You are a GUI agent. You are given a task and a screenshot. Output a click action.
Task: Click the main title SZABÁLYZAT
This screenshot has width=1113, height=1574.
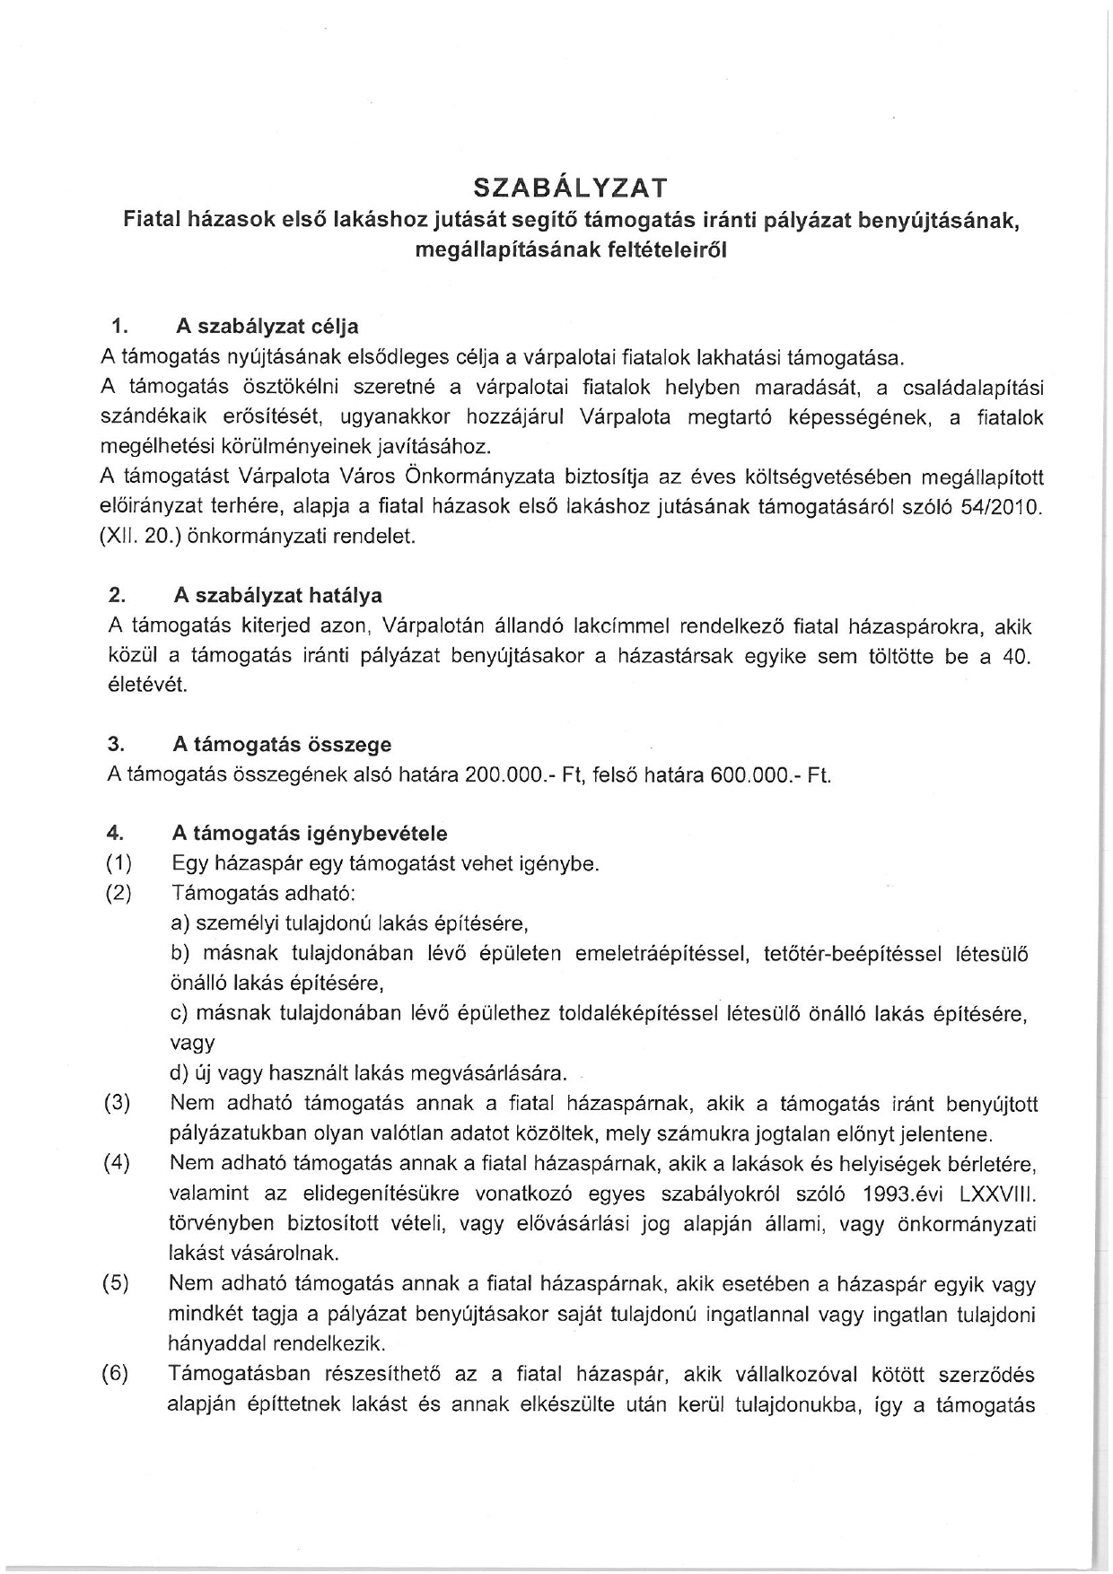[570, 188]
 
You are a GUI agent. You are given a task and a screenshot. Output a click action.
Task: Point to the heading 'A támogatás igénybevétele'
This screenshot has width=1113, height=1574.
[309, 834]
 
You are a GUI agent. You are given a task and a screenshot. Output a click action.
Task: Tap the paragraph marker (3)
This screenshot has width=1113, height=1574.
[118, 1103]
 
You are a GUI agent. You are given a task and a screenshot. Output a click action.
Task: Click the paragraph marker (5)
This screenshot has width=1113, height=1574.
[118, 1284]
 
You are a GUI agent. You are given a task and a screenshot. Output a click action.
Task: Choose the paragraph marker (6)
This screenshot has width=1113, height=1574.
[118, 1375]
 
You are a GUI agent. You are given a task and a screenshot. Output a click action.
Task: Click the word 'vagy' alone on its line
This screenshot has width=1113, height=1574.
[192, 1043]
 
